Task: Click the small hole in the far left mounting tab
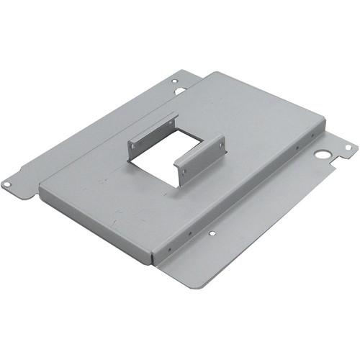(x=6, y=184)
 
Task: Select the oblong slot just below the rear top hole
(x=180, y=91)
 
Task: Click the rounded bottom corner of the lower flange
(x=199, y=285)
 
